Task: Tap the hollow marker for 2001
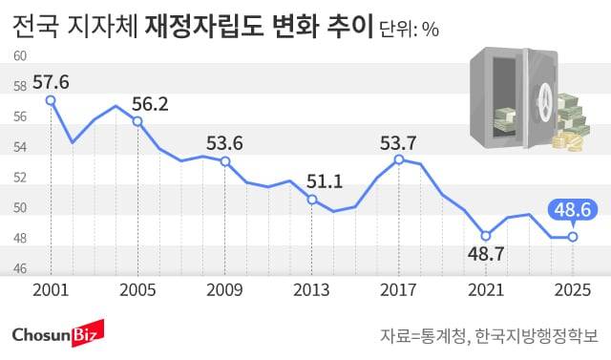click(51, 99)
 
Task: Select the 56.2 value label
click(151, 103)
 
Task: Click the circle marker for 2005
click(137, 121)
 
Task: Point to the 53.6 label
click(224, 143)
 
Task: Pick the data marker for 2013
click(311, 200)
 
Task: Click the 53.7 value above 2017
click(398, 142)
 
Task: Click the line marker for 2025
click(573, 237)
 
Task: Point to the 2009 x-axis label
click(224, 289)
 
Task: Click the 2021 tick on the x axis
click(485, 289)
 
